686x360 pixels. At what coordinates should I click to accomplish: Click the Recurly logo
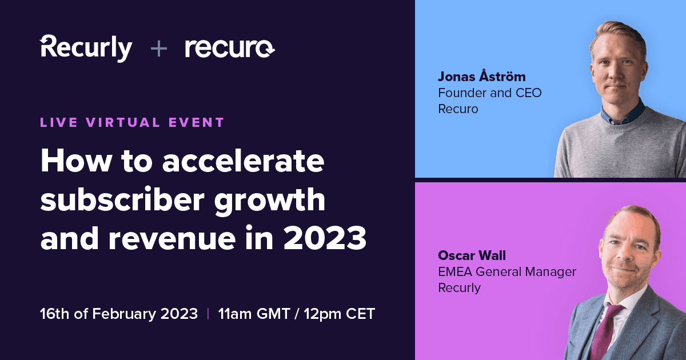pyautogui.click(x=86, y=49)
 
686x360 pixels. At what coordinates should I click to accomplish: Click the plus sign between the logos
pyautogui.click(x=158, y=49)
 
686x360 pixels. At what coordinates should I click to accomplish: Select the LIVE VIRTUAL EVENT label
pyautogui.click(x=132, y=122)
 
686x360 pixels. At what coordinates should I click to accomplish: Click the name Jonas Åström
pyautogui.click(x=481, y=77)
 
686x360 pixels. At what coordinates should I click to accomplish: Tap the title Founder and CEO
pyautogui.click(x=489, y=93)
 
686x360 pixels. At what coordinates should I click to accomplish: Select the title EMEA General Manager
pyautogui.click(x=507, y=271)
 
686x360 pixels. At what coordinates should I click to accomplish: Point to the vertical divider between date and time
pyautogui.click(x=208, y=314)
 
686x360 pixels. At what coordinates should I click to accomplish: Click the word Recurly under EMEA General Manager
pyautogui.click(x=459, y=287)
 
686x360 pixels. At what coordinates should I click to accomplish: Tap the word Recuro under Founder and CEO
pyautogui.click(x=458, y=109)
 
